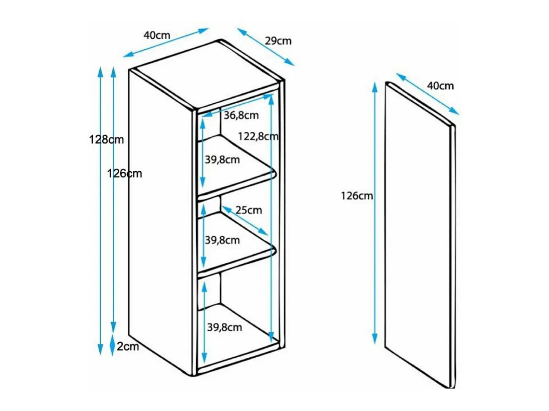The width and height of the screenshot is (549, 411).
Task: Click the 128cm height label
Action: tap(106, 140)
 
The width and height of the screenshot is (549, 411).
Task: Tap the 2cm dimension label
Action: tap(128, 346)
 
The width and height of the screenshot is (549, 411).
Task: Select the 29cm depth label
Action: tap(278, 41)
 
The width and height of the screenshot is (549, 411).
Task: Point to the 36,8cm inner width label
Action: tap(241, 115)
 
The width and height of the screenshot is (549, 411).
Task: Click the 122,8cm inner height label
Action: tap(258, 136)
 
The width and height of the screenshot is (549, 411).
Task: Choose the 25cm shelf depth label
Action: tap(249, 210)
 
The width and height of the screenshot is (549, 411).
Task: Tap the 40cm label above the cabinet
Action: tap(157, 35)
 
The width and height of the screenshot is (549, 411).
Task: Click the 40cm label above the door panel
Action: tap(440, 86)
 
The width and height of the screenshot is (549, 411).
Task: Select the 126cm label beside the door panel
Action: tap(357, 196)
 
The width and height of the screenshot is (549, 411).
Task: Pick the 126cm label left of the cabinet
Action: tap(124, 174)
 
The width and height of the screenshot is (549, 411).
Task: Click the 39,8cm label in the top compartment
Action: tap(222, 160)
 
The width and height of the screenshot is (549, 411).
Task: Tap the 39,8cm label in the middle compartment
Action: tap(222, 240)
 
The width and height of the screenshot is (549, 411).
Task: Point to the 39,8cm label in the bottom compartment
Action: tap(224, 327)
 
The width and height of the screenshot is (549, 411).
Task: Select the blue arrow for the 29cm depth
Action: tap(265, 47)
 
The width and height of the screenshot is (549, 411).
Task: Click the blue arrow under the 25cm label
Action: tap(245, 221)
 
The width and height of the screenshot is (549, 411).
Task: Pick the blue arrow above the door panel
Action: tap(428, 94)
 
